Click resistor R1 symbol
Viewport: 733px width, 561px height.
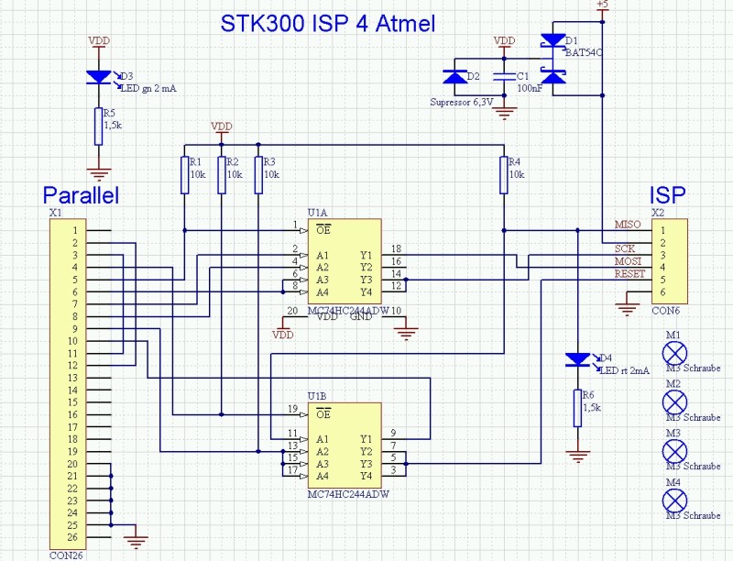click(184, 174)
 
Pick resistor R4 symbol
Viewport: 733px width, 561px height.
click(504, 174)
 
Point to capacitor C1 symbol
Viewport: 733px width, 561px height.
click(502, 77)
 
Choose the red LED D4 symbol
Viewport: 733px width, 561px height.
click(577, 358)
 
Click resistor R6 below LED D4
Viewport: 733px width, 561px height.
click(577, 408)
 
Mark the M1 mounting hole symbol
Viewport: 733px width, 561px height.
click(674, 352)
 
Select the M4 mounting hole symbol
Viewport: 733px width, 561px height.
click(674, 499)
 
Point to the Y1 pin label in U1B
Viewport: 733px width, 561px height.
click(366, 438)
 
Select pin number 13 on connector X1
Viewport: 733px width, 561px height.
click(71, 378)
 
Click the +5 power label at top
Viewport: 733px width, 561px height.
click(602, 5)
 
